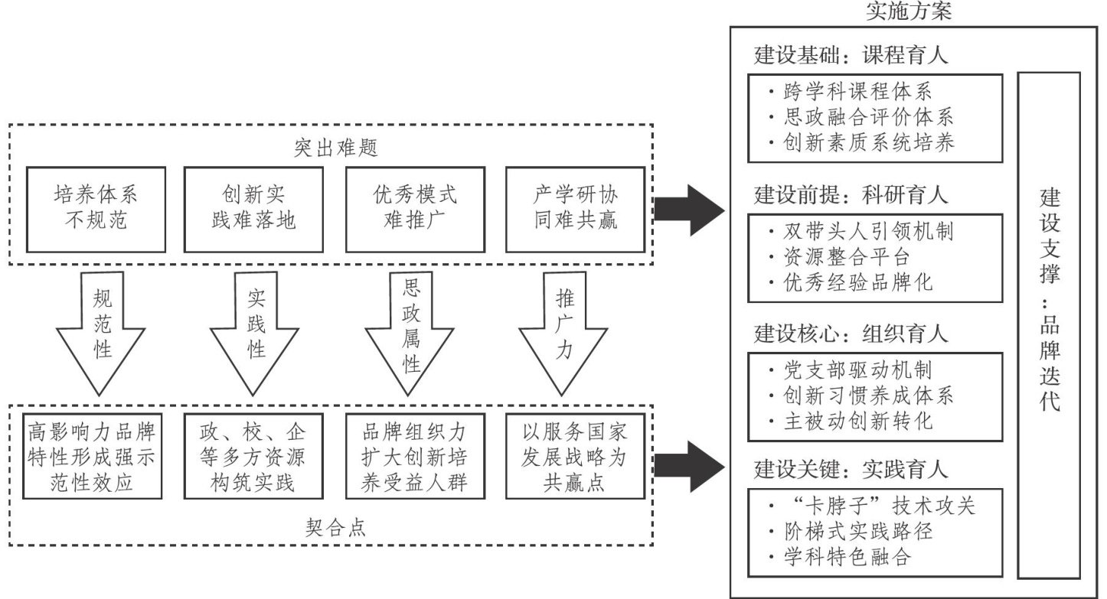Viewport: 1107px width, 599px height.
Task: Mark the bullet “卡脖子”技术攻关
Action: tap(873, 506)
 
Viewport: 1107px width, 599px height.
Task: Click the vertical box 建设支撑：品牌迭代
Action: tap(1048, 324)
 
